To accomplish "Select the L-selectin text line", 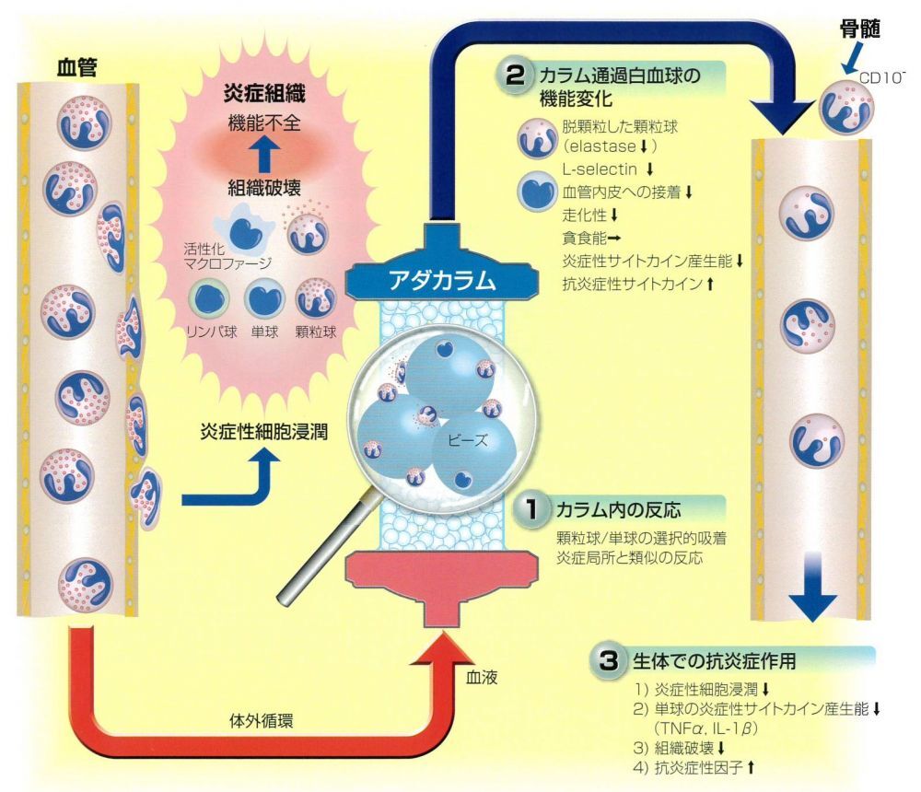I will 601,169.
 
